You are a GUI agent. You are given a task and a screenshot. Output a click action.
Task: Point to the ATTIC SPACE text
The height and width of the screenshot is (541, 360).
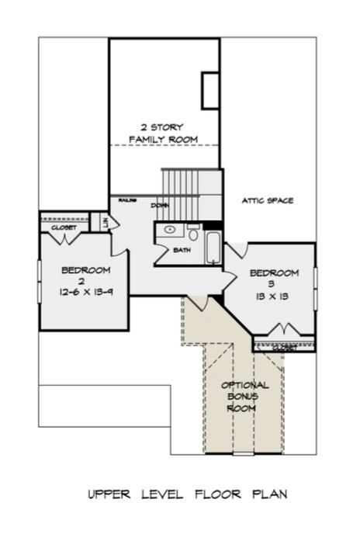(267, 201)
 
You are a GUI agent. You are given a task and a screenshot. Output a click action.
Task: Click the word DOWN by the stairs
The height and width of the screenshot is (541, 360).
(161, 206)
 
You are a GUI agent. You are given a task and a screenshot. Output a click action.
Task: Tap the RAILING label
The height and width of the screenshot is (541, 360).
(128, 200)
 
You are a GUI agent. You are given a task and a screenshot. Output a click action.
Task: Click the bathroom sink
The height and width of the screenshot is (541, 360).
(169, 231)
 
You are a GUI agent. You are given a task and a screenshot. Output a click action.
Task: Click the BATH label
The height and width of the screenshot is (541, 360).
(182, 250)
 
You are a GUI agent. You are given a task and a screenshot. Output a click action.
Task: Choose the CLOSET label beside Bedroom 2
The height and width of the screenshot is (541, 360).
(64, 228)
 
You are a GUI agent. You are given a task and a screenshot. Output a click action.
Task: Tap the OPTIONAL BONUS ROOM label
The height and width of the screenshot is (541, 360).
(244, 396)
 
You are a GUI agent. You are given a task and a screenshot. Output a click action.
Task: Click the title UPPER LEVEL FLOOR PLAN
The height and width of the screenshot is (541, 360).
(180, 494)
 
